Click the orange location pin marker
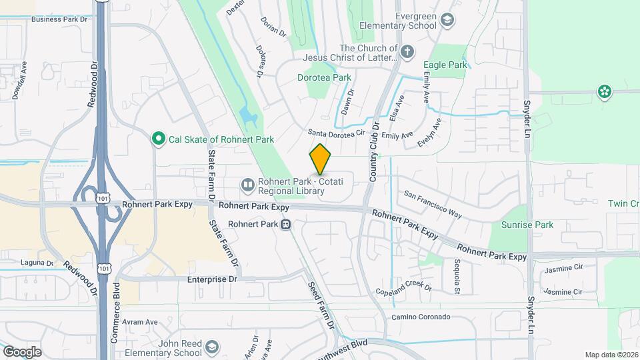tap(321, 159)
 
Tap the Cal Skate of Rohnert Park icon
tap(159, 139)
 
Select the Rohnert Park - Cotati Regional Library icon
tap(247, 183)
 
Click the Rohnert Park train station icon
tap(285, 225)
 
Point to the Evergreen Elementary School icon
tap(447, 20)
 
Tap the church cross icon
tap(407, 50)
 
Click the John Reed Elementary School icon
tap(211, 347)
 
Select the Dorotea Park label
tap(324, 77)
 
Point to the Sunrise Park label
tap(527, 225)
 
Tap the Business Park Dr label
tap(60, 19)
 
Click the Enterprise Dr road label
tap(212, 279)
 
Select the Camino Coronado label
tap(421, 317)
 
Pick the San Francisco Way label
tap(433, 204)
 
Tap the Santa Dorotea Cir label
tap(337, 133)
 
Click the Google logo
tap(21, 351)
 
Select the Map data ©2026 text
tap(610, 355)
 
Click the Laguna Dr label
tap(37, 263)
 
